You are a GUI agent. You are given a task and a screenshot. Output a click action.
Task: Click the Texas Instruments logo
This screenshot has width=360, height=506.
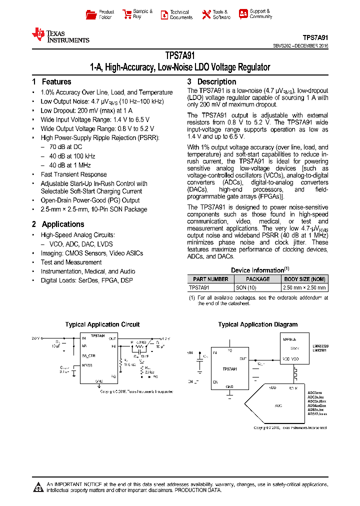pyautogui.click(x=60, y=35)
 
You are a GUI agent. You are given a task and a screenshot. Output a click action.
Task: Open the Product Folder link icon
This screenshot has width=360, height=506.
pyautogui.click(x=91, y=14)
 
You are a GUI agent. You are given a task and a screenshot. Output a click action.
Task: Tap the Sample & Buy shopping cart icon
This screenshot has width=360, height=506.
pyautogui.click(x=126, y=14)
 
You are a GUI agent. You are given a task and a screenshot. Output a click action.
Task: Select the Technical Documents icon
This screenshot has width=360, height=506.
pyautogui.click(x=164, y=14)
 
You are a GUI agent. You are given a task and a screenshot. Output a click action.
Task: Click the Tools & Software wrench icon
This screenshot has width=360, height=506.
pyautogui.click(x=206, y=14)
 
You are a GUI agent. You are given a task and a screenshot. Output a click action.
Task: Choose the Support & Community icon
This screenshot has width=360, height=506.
pyautogui.click(x=243, y=14)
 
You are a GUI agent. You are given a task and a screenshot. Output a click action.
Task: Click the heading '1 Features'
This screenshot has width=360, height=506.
pyautogui.click(x=51, y=82)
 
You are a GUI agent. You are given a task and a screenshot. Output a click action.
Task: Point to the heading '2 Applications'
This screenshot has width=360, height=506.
pyautogui.click(x=58, y=224)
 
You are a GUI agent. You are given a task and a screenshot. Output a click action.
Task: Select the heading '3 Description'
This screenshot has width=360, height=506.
pyautogui.click(x=211, y=82)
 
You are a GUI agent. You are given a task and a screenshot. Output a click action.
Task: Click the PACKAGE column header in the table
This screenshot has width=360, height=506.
pyautogui.click(x=258, y=279)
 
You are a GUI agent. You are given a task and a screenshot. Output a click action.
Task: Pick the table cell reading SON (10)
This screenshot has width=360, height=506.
pyautogui.click(x=246, y=287)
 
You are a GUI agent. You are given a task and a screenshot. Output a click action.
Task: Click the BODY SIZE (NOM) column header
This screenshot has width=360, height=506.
pyautogui.click(x=305, y=279)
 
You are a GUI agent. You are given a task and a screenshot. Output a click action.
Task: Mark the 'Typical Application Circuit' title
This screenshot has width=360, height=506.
pyautogui.click(x=102, y=324)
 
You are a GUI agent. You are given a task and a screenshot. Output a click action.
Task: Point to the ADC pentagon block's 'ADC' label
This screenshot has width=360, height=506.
pyautogui.click(x=278, y=405)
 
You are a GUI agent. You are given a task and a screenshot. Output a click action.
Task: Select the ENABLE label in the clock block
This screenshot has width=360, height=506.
pyautogui.click(x=290, y=338)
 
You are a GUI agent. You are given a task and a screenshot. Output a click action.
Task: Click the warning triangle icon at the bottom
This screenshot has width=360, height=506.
pyautogui.click(x=38, y=487)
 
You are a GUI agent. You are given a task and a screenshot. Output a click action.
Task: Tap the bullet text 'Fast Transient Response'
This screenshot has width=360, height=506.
pyautogui.click(x=73, y=174)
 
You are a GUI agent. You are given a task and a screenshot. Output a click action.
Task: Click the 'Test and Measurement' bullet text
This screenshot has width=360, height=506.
pyautogui.click(x=71, y=262)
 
